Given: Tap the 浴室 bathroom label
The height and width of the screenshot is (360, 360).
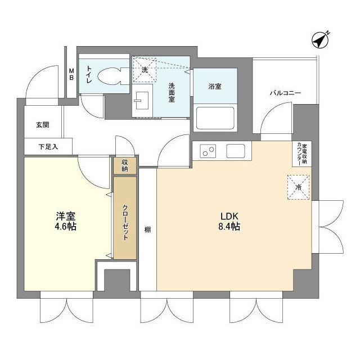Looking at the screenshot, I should point(214,86).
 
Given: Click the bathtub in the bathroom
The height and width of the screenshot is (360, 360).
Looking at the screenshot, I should point(214,116).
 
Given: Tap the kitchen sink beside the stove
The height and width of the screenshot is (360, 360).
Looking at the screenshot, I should point(235,151).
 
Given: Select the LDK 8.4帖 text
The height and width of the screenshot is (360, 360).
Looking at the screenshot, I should point(231,220).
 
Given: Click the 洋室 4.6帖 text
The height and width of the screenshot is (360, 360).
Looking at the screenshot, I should point(65,220).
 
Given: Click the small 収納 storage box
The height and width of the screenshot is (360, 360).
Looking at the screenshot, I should point(124,165).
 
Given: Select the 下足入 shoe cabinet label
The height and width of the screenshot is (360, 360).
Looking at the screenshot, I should point(48,147).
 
